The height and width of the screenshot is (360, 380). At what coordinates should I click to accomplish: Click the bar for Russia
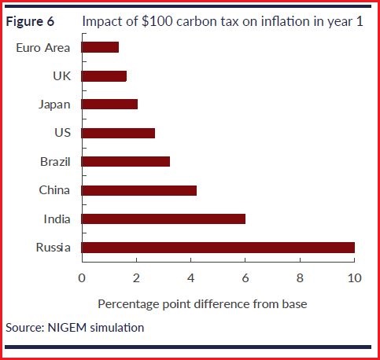click(218, 248)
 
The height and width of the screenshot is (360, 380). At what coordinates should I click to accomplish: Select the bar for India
click(163, 219)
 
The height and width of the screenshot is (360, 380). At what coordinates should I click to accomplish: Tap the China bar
click(138, 190)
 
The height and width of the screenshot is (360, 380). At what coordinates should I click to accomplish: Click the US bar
click(118, 133)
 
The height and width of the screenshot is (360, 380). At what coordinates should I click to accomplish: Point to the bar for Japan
click(109, 104)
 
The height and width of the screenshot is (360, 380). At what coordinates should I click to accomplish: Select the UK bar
click(104, 76)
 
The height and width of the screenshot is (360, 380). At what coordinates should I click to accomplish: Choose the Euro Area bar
click(100, 47)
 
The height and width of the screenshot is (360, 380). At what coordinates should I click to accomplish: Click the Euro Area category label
click(43, 47)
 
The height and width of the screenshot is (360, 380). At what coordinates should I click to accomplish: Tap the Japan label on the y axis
click(54, 104)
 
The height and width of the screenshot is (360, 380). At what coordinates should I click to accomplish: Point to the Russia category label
click(53, 248)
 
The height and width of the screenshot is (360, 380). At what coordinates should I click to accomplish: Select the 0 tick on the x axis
click(82, 277)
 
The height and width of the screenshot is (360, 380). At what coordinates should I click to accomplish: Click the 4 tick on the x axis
click(190, 277)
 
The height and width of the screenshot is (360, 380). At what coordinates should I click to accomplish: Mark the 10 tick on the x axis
click(354, 277)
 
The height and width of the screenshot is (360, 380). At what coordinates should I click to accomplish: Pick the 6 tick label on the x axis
click(245, 277)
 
